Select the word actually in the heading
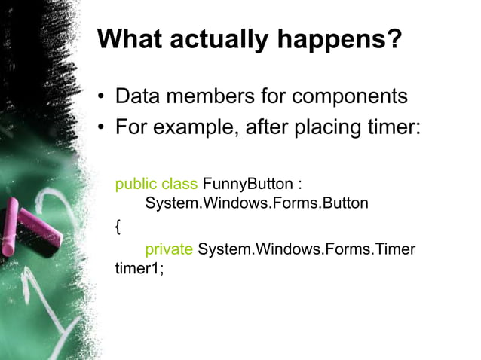(x=219, y=39)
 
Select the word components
(x=350, y=98)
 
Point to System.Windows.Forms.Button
(x=256, y=203)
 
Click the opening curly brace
(x=118, y=227)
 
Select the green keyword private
(x=169, y=249)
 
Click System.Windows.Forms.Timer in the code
(x=306, y=249)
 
